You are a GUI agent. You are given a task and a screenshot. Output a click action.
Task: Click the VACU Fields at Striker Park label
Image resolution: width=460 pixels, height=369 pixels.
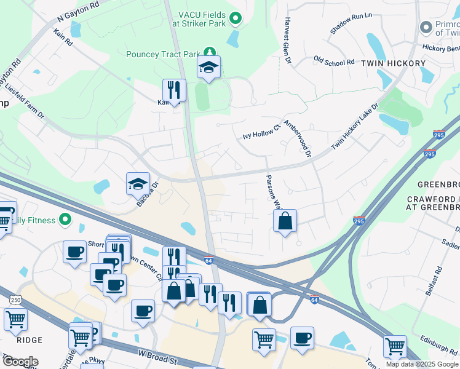[200, 18]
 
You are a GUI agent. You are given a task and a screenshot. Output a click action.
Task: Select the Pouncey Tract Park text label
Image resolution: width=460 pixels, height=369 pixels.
[163, 54]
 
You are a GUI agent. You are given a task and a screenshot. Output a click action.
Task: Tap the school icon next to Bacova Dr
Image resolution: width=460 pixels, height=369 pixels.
[138, 184]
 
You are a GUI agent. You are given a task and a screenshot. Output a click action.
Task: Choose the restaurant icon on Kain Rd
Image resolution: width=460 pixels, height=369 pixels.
[175, 91]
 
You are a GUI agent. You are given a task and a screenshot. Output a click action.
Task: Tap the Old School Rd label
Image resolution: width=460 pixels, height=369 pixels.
[334, 61]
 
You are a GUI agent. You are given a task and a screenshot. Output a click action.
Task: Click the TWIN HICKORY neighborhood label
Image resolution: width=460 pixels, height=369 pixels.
[393, 63]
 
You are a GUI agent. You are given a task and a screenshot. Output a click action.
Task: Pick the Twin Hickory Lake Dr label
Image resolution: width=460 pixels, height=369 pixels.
[355, 125]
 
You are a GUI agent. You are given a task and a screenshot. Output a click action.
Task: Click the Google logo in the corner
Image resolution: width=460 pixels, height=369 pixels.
[20, 362]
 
